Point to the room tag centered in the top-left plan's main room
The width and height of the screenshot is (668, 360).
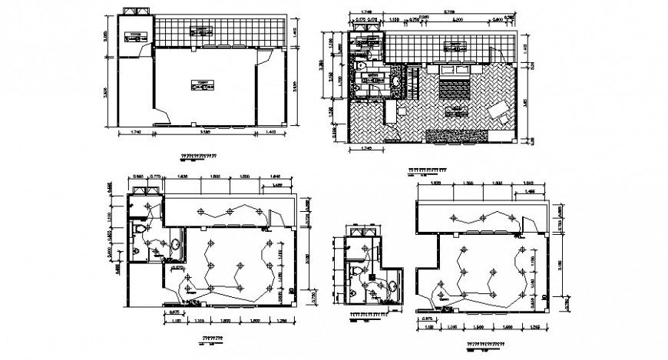[x=203, y=85]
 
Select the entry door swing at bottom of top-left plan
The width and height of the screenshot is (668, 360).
[x=162, y=115]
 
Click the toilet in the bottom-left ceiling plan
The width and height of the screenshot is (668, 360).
[x=138, y=230]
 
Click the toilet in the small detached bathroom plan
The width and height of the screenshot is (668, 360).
[x=354, y=272]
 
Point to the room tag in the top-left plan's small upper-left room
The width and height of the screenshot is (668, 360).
[x=136, y=35]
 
